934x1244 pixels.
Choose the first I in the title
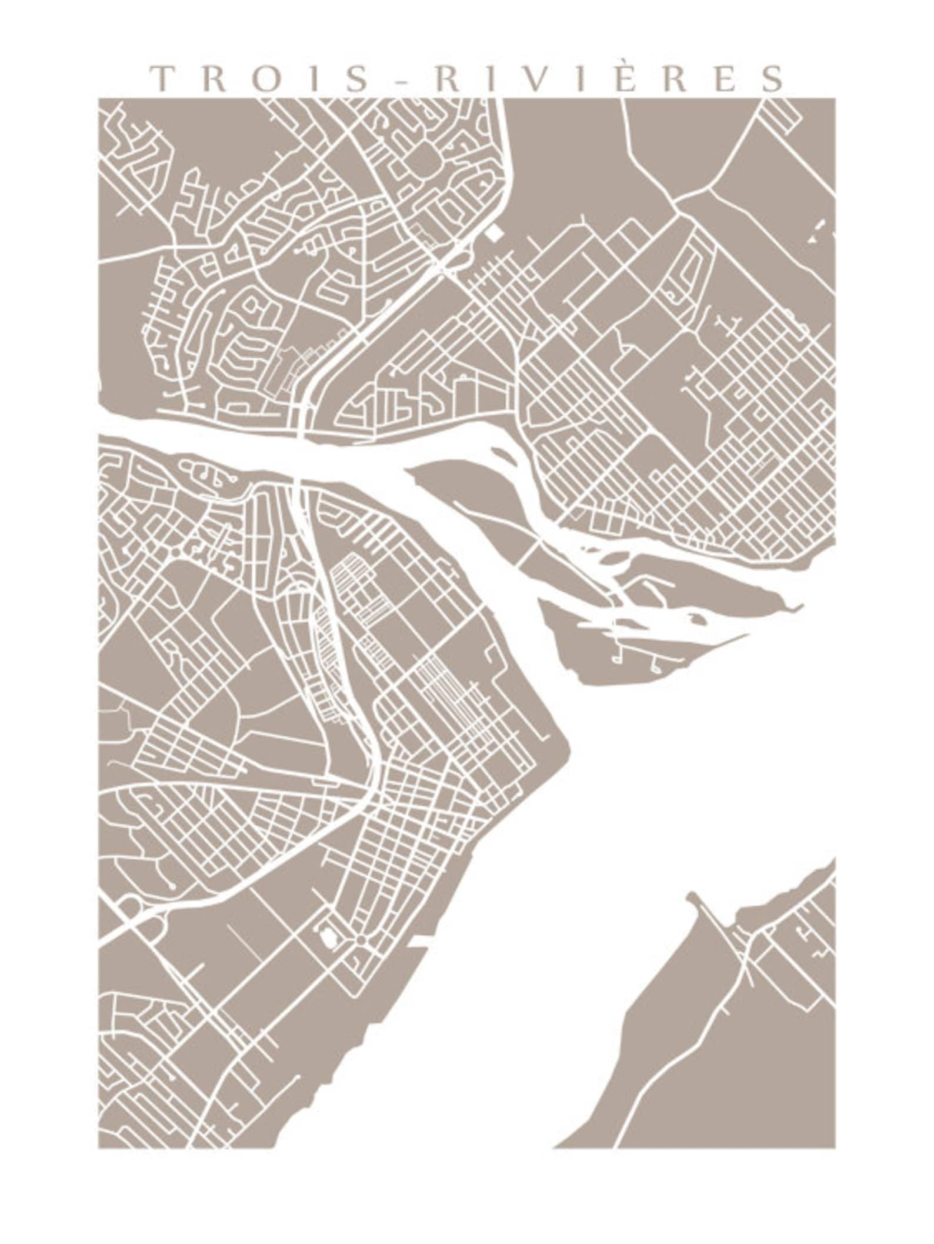pos(313,78)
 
